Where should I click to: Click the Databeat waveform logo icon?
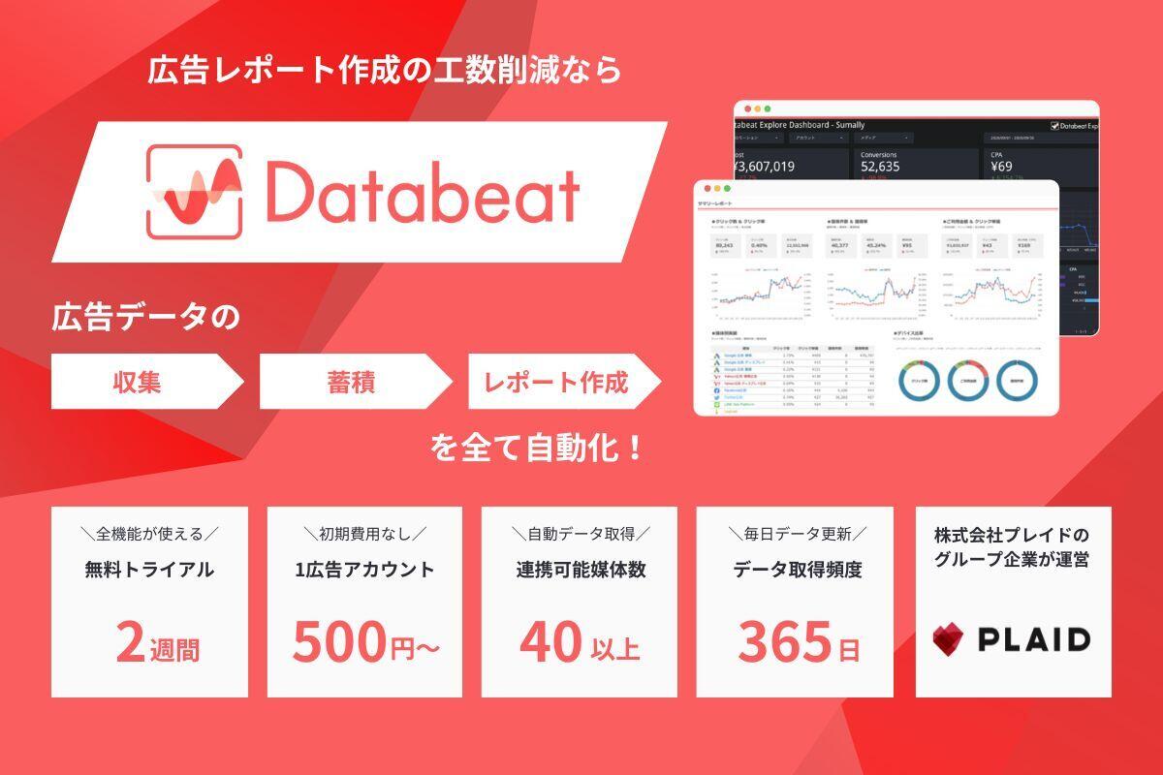click(194, 192)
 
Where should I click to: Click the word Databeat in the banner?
click(423, 193)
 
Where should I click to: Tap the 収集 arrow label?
click(135, 382)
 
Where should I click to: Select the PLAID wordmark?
click(1033, 639)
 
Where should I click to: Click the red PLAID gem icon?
click(949, 639)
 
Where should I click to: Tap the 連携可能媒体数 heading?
click(580, 570)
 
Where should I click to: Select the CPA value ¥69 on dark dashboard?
click(1001, 167)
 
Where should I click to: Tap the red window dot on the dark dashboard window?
click(742, 108)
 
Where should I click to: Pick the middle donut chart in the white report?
click(970, 382)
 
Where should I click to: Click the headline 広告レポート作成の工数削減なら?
click(384, 71)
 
